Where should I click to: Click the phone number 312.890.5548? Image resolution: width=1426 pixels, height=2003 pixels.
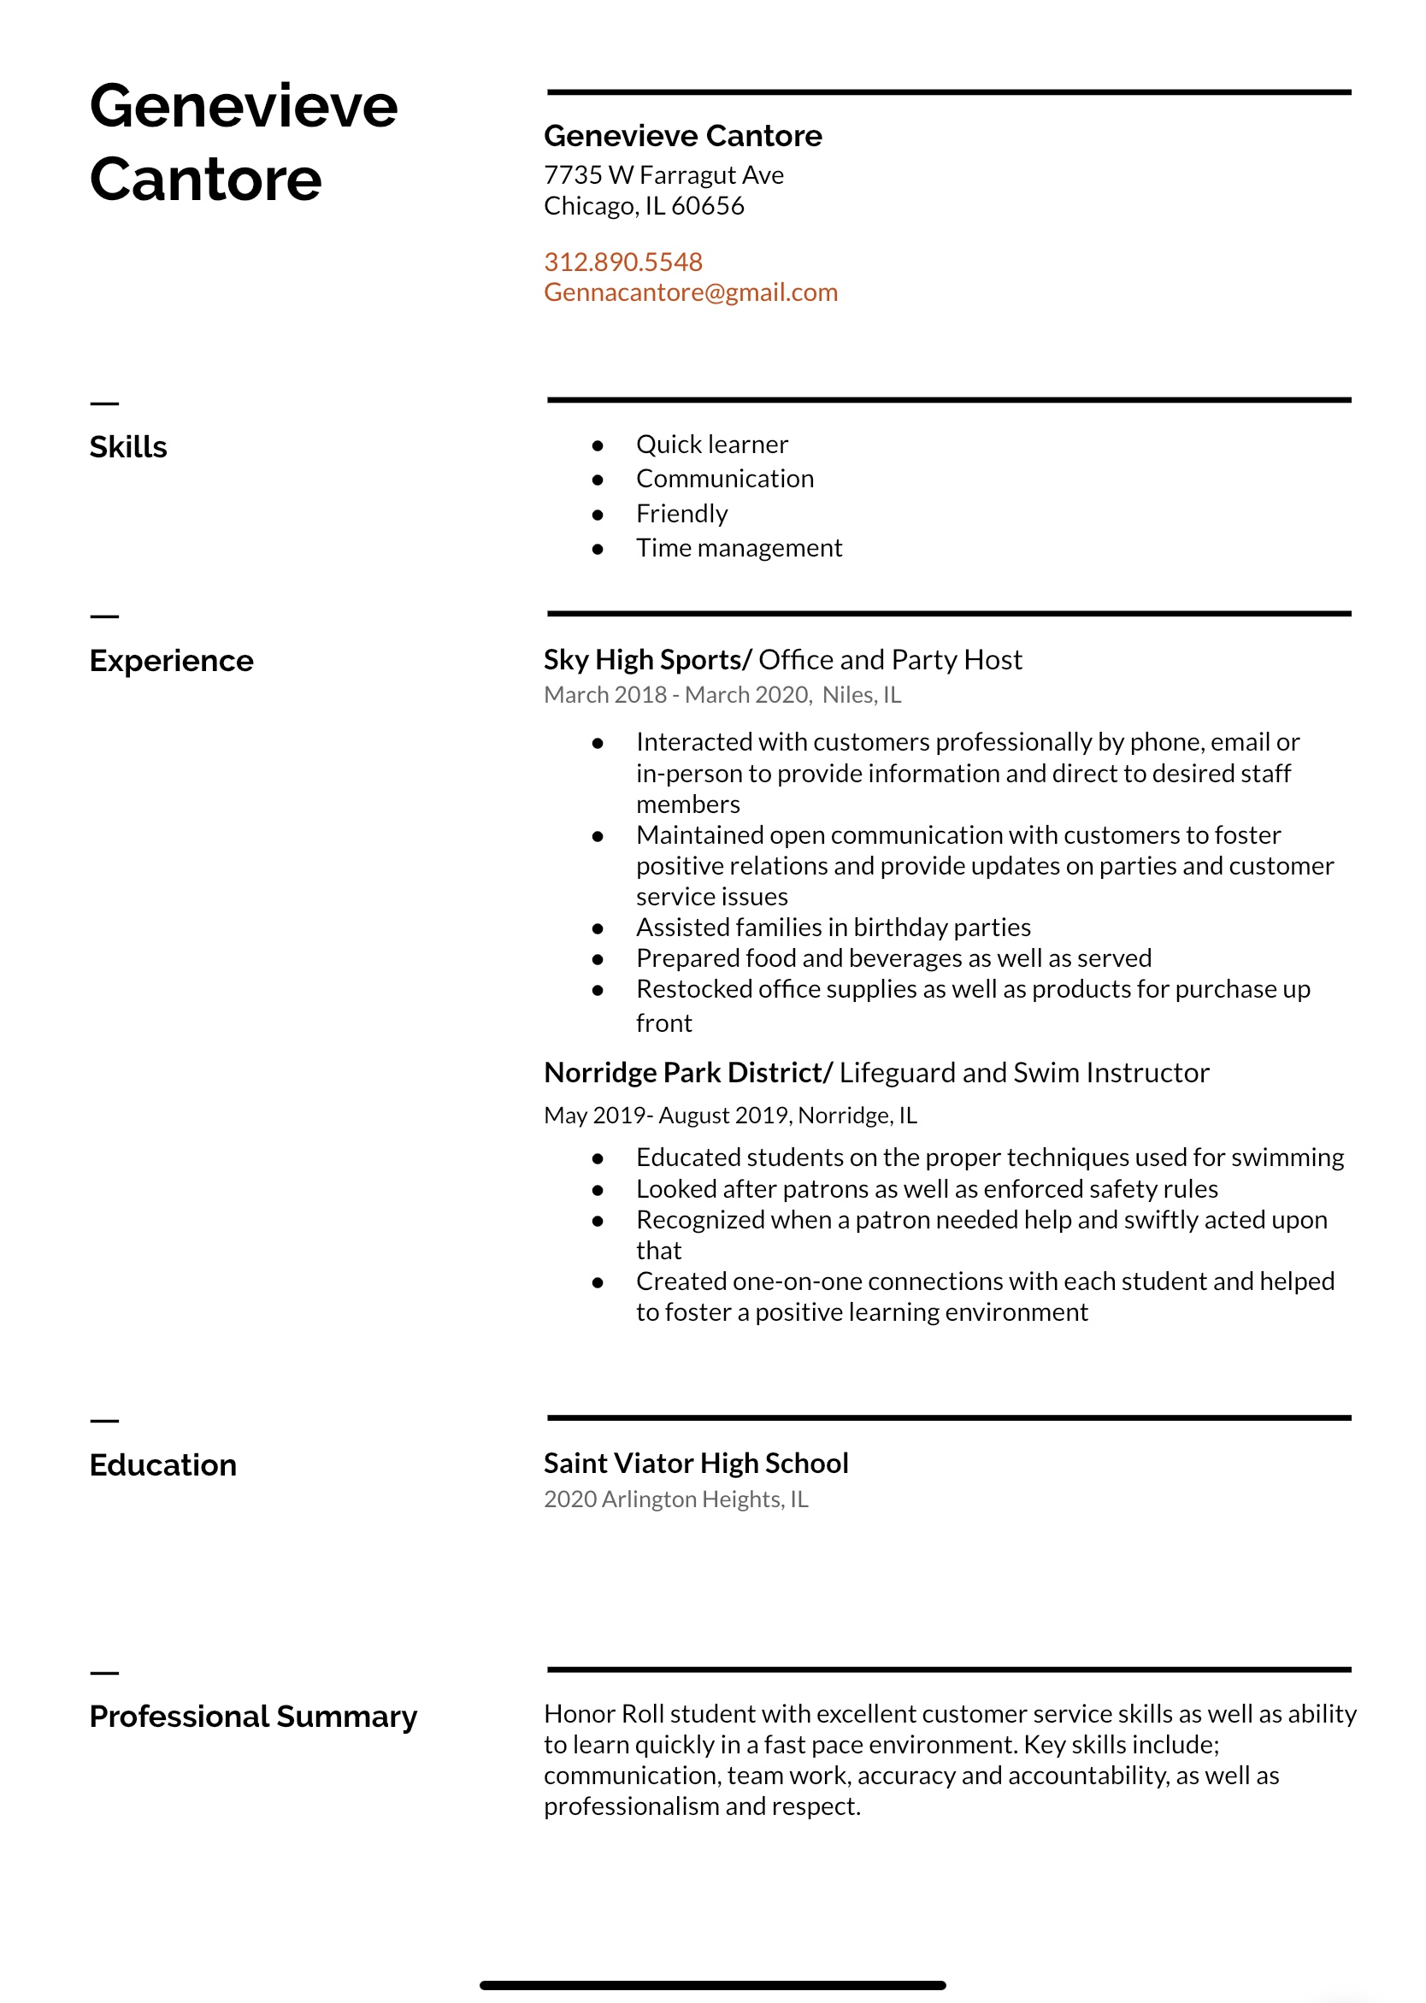[x=622, y=262]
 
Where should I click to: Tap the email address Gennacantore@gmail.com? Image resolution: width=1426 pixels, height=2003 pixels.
[x=690, y=292]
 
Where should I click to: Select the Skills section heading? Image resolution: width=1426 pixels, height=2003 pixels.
[x=128, y=447]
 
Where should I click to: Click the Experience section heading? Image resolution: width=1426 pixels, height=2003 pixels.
[x=171, y=660]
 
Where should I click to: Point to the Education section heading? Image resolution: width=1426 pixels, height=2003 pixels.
[x=163, y=1464]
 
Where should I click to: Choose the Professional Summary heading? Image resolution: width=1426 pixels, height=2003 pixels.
[x=253, y=1716]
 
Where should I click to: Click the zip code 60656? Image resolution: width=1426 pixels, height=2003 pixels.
[x=707, y=206]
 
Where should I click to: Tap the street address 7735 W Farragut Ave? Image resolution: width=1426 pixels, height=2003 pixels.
[x=663, y=175]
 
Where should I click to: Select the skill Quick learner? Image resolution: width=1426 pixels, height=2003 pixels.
[x=711, y=445]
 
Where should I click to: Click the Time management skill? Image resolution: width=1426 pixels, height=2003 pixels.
[x=739, y=548]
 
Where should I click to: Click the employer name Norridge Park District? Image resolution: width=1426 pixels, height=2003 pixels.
[x=684, y=1072]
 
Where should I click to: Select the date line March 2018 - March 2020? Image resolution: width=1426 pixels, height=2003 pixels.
[x=675, y=695]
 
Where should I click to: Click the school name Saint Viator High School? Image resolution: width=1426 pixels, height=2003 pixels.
[x=695, y=1463]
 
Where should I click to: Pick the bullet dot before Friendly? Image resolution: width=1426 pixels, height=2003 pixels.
[x=598, y=515]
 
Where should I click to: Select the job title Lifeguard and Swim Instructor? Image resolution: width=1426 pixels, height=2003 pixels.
[x=1024, y=1072]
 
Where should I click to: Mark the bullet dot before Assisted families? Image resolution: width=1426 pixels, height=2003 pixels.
[x=598, y=928]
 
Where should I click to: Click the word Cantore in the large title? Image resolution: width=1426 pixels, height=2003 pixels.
[x=205, y=180]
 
